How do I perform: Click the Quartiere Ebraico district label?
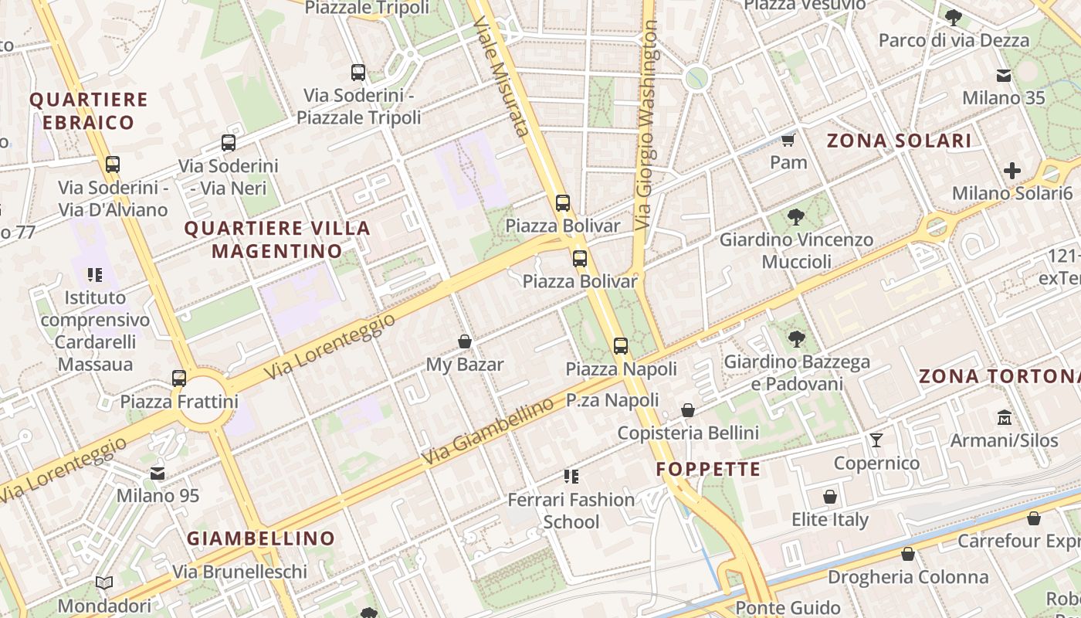88,110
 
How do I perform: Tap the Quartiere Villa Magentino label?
277,239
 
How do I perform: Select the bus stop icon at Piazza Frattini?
179,378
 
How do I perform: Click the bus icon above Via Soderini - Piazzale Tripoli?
358,73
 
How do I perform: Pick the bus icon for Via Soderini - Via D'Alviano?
113,165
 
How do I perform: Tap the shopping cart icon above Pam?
788,140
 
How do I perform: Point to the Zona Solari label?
899,141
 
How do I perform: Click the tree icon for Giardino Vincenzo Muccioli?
795,217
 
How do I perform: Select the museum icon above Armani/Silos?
1004,417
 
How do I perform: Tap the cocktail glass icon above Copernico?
876,440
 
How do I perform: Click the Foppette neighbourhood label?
708,469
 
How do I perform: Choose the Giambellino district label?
261,538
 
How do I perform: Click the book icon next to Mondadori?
104,583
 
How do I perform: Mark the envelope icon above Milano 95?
158,473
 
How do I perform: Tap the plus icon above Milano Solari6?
1012,171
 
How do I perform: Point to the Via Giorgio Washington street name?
647,124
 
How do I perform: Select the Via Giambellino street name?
488,432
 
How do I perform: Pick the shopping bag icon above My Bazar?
465,341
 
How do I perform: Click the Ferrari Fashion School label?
571,511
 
